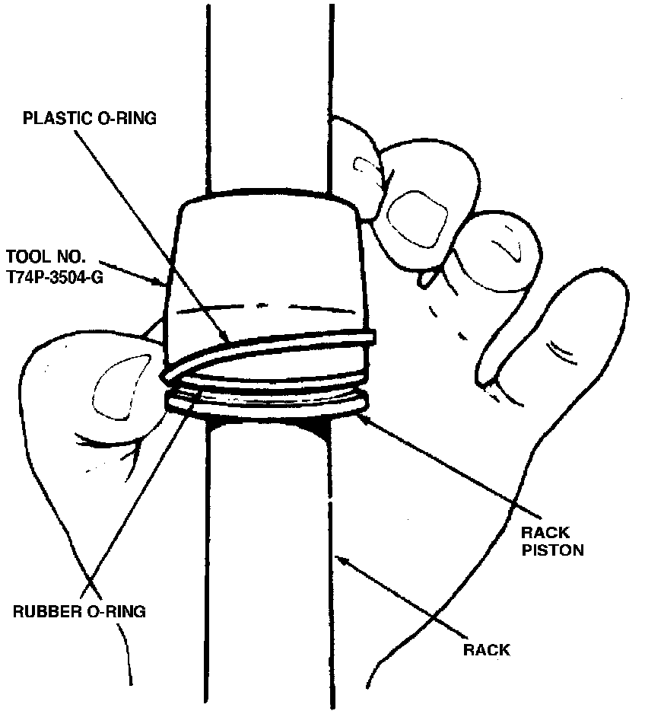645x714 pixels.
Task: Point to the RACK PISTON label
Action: click(x=551, y=540)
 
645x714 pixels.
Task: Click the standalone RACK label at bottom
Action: click(x=487, y=650)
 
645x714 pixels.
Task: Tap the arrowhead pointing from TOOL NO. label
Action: click(x=167, y=283)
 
